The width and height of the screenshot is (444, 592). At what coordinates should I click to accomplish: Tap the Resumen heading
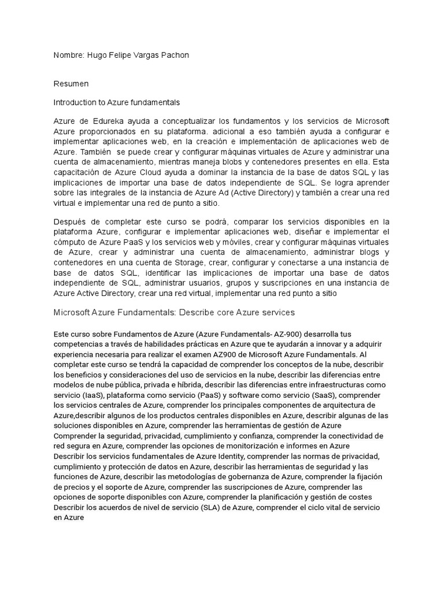tap(71, 84)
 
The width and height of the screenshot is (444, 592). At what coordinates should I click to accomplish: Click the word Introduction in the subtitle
tap(76, 102)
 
